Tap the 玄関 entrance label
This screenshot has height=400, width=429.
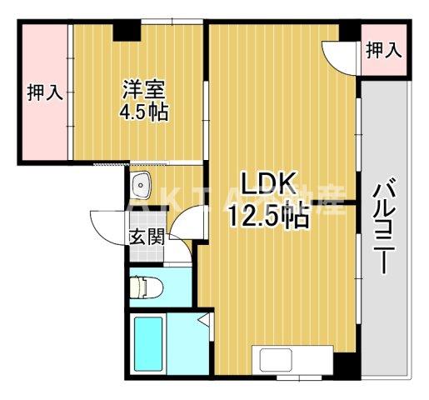[147, 235]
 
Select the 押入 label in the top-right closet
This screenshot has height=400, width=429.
[384, 51]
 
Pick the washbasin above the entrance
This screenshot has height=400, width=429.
[141, 182]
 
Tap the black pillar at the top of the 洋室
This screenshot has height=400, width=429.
[126, 30]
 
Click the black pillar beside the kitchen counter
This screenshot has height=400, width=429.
[343, 365]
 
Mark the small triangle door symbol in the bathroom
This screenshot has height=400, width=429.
[203, 321]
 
